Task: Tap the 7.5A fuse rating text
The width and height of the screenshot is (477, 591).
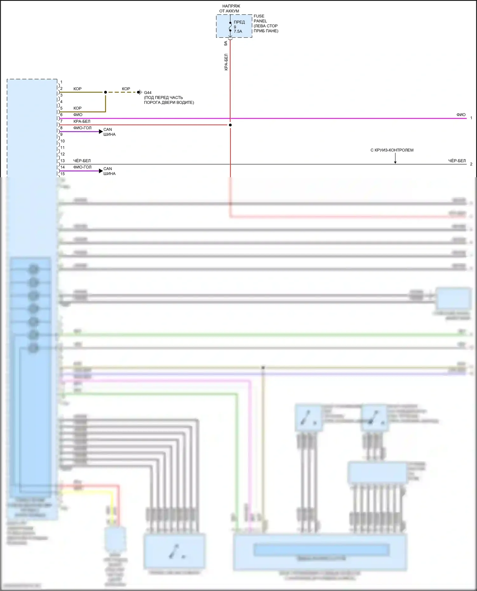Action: pos(238,31)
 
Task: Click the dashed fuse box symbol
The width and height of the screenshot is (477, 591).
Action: pos(234,26)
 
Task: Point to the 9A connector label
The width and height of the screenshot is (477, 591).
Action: pos(226,43)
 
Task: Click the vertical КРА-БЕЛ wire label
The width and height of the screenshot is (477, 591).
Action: pos(226,62)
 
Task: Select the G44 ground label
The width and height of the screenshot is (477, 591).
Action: pos(148,93)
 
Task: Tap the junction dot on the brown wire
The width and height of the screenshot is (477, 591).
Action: pos(105,92)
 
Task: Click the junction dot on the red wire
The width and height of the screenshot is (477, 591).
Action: pos(230,125)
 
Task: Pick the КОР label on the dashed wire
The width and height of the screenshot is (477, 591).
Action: pos(126,89)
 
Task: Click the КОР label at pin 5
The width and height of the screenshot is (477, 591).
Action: pos(78,108)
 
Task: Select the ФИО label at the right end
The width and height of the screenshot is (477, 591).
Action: pos(461,115)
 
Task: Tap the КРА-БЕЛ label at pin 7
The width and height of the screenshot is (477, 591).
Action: pos(82,121)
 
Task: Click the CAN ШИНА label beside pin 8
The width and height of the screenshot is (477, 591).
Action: pos(109,132)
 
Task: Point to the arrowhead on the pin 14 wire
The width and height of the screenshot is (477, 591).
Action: pos(101,171)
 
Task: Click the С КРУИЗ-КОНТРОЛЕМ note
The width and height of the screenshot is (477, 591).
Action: pos(392,150)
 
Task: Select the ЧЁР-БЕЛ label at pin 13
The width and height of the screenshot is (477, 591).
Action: pos(82,161)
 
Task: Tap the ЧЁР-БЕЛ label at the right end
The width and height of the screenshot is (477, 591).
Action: pos(457,161)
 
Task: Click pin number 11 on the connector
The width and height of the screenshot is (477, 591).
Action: pos(63,148)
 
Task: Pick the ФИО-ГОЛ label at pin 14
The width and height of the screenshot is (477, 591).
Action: pos(82,167)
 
